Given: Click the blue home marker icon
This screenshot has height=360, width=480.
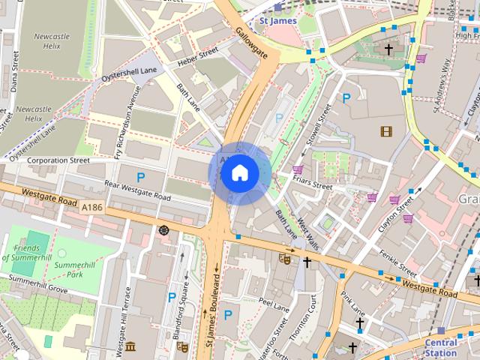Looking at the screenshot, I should [x=238, y=173].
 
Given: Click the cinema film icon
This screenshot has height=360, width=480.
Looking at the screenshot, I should [x=385, y=132].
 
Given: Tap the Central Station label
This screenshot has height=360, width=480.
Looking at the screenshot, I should [x=440, y=347].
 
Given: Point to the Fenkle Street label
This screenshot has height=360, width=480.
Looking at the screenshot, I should [x=397, y=260].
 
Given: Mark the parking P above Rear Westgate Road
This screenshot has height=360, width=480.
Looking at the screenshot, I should [x=141, y=178].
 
